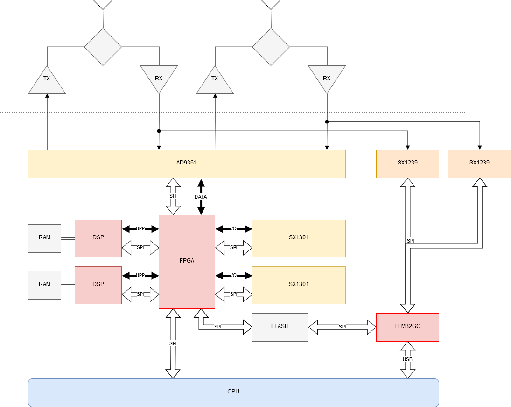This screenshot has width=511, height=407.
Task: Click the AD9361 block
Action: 187,164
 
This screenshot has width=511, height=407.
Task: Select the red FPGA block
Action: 187,262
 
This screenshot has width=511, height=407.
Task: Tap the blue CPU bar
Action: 233,393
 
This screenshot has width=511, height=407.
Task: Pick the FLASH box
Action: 280,327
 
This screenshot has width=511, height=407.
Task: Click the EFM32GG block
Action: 407,327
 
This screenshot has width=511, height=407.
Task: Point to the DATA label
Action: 201,197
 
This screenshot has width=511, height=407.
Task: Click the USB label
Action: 407,359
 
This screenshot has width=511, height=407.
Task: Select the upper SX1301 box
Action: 299,238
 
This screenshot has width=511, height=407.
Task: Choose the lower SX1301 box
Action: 299,285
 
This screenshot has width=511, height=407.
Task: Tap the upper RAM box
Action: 44,238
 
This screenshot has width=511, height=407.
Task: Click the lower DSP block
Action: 98,285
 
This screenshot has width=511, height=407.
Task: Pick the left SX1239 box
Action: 407,164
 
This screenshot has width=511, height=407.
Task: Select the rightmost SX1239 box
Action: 479,164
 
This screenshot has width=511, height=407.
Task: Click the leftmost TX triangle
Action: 47,82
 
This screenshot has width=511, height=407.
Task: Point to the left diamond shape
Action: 103,47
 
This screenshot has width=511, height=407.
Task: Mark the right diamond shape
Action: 271,47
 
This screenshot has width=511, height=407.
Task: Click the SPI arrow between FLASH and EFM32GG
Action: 342,327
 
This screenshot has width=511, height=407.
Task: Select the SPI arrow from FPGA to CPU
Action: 173,343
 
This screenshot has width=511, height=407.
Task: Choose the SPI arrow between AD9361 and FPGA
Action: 173,196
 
